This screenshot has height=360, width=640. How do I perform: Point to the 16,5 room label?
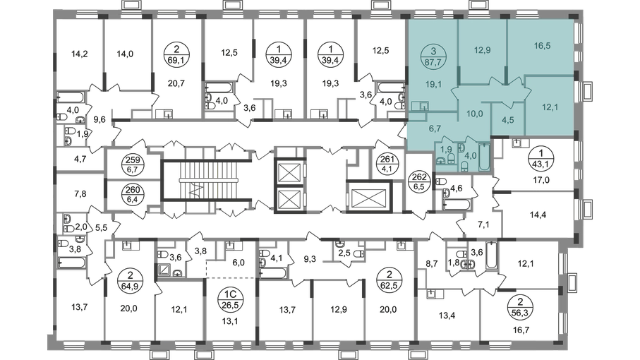tap(543, 46)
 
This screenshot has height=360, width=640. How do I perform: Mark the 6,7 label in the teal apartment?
tap(434, 129)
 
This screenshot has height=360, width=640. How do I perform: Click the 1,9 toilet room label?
tap(445, 149)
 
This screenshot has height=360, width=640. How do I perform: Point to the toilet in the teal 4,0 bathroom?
tap(466, 164)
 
